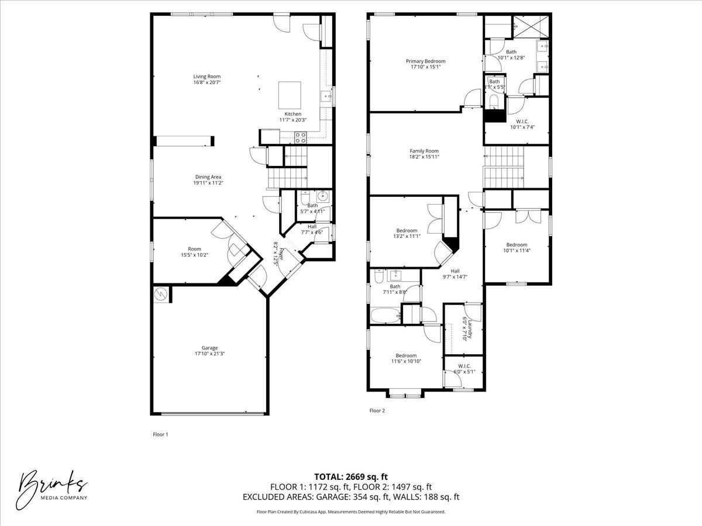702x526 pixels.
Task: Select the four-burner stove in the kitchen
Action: (x=300, y=137)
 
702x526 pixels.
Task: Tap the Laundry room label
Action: (x=465, y=328)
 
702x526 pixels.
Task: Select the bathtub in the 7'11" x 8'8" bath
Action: (x=386, y=316)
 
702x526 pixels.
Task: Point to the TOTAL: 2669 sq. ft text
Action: (x=350, y=476)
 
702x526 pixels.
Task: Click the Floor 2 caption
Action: (x=377, y=411)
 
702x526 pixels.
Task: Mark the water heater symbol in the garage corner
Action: (x=160, y=295)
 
